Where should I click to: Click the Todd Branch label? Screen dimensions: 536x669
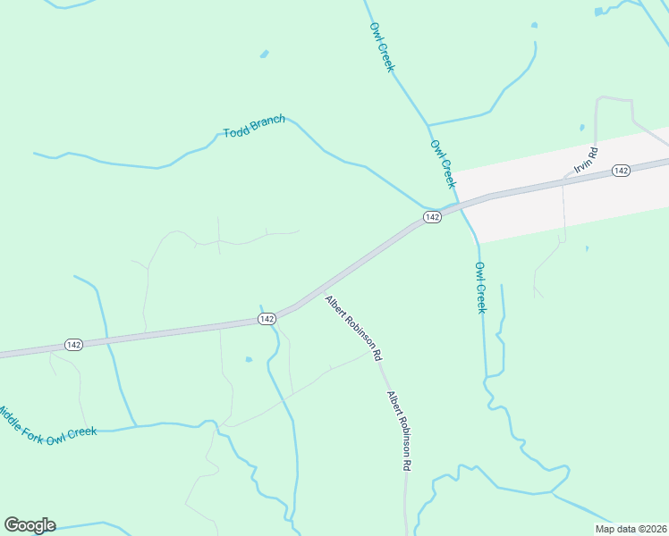[254, 126]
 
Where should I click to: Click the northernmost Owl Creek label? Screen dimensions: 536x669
[382, 47]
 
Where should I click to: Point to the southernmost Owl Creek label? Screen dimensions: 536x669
[480, 287]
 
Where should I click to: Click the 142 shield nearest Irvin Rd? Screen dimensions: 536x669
[622, 170]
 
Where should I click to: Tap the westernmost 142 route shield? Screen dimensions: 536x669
[73, 345]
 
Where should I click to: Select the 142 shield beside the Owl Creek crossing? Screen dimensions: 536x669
[432, 218]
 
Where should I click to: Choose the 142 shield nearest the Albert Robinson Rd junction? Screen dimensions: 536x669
[267, 319]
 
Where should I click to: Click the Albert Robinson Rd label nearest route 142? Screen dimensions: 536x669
[353, 328]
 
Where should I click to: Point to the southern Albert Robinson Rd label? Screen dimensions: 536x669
[400, 431]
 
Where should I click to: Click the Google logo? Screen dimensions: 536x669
[30, 525]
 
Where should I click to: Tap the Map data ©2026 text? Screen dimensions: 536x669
[630, 529]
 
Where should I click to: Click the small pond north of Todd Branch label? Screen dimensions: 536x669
[265, 54]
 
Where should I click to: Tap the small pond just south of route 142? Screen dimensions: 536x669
[249, 359]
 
